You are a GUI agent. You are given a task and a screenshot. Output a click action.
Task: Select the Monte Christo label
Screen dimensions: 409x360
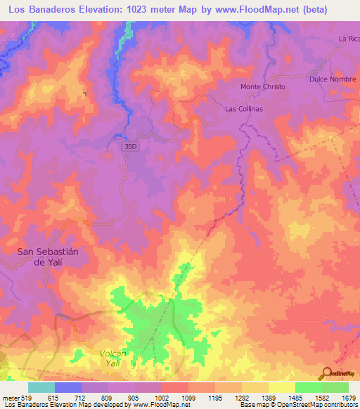click(263, 86)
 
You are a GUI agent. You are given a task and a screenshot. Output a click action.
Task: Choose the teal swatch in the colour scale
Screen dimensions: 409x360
click(41, 387)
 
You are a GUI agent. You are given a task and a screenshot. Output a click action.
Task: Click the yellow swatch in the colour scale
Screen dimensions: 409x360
click(282, 387)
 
